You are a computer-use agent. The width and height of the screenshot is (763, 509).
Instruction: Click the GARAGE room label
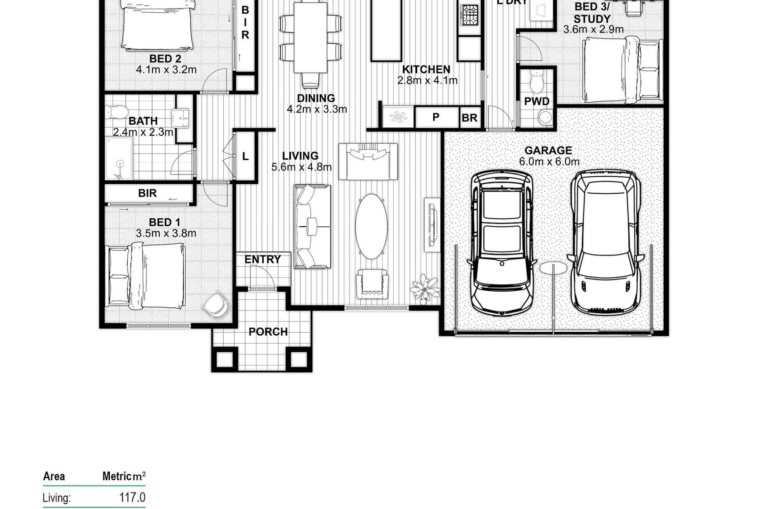coord(548,150)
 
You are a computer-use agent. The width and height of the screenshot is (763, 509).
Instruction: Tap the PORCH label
coord(268,332)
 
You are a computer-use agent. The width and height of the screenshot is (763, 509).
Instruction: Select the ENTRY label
coord(263,259)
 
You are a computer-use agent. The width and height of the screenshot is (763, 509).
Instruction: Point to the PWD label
coord(537,101)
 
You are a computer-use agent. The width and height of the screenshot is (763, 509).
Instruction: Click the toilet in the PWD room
coord(537,81)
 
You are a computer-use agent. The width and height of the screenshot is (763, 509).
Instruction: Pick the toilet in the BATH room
coord(116,112)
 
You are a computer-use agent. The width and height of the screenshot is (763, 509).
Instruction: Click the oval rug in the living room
coord(371,226)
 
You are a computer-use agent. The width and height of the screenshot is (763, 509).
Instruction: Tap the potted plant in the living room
coord(425,289)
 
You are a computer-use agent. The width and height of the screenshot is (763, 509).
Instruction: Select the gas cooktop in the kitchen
coord(470,15)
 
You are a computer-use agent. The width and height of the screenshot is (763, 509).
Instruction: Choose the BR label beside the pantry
coord(470,118)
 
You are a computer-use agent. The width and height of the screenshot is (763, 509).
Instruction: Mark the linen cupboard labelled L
coord(245,156)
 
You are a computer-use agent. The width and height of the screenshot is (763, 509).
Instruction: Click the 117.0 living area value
coord(132,497)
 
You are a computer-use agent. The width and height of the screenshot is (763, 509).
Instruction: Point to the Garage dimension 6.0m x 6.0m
coord(549,162)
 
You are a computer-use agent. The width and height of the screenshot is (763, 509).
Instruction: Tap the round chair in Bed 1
coord(216,304)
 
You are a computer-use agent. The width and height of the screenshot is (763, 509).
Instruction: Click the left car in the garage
coord(501,242)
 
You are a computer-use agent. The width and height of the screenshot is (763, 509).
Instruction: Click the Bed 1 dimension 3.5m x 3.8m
coord(166,233)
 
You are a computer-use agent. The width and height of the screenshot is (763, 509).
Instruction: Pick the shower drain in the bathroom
coord(120,164)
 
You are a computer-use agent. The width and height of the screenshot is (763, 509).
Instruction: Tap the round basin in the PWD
coord(545,118)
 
